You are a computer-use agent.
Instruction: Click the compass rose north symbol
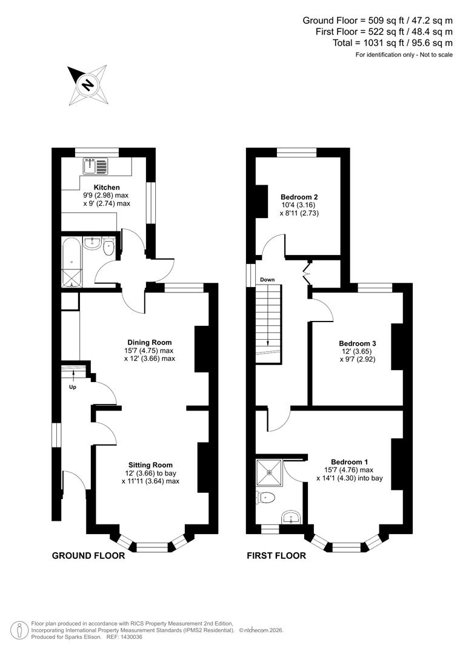pyautogui.click(x=87, y=84)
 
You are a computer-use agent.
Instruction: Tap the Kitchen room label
pyautogui.click(x=107, y=188)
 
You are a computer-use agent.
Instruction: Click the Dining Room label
pyautogui.click(x=149, y=342)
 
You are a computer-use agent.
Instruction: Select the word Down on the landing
pyautogui.click(x=267, y=280)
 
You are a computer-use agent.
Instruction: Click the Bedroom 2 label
pyautogui.click(x=299, y=197)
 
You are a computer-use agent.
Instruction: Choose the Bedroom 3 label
pyautogui.click(x=358, y=343)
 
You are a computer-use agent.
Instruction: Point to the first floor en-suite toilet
pyautogui.click(x=267, y=498)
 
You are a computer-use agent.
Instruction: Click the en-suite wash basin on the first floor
pyautogui.click(x=292, y=518)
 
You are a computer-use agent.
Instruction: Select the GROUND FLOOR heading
pyautogui.click(x=88, y=555)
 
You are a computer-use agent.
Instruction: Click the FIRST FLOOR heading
pyautogui.click(x=276, y=555)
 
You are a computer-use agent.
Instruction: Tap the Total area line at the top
pyautogui.click(x=393, y=43)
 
